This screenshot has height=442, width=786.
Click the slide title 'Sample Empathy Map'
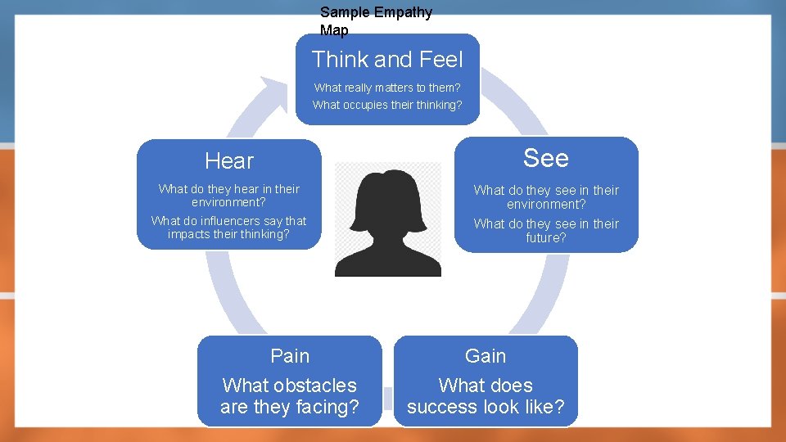375,21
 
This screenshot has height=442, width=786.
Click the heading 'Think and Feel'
387,60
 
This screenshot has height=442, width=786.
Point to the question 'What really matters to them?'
387,88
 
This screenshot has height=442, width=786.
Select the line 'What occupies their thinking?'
387,105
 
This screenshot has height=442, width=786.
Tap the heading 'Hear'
229,161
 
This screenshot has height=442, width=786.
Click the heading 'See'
546,158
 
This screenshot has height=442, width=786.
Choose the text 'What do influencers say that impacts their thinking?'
229,228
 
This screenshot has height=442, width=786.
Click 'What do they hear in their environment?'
229,195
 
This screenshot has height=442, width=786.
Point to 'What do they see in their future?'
546,231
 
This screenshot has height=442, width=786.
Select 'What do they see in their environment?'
546,197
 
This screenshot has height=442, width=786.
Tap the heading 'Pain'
290,356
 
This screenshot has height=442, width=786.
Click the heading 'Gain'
486,356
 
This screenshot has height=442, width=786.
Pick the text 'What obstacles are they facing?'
290,396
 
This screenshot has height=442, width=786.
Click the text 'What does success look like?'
486,396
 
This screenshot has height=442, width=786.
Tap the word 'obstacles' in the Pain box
315,386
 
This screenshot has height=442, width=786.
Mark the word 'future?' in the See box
546,238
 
